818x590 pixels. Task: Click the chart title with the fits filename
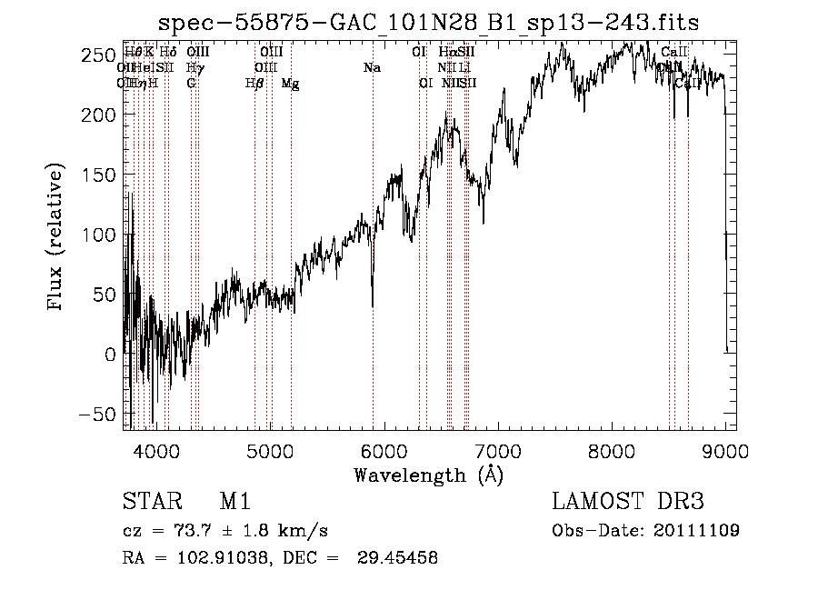point(429,22)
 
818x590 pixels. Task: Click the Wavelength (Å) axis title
point(428,475)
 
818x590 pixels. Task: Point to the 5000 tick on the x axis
point(270,449)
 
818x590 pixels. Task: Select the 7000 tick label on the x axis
point(498,449)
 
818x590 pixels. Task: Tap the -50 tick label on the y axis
point(95,414)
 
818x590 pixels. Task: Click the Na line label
point(371,68)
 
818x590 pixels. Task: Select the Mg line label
point(290,84)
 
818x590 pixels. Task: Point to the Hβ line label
point(254,84)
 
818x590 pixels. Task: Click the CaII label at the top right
point(674,53)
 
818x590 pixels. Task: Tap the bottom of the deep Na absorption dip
point(373,305)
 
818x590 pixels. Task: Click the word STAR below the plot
point(149,502)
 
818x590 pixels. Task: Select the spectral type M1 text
point(234,502)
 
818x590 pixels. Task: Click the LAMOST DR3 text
point(628,502)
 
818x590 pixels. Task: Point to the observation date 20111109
point(695,530)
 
